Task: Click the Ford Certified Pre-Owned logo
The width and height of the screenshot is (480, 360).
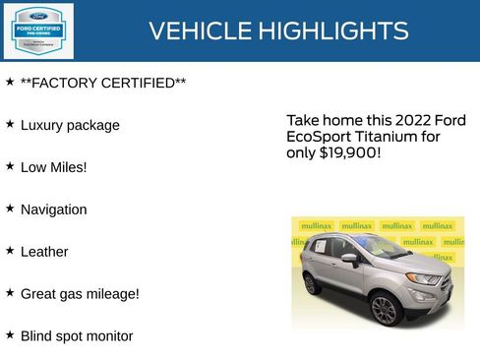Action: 37,30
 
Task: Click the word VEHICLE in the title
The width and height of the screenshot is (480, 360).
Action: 199,31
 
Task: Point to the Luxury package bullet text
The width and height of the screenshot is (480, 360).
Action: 70,125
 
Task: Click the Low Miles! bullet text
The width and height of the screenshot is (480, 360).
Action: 54,167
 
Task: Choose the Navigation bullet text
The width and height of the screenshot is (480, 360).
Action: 54,210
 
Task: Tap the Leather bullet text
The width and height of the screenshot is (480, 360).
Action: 44,252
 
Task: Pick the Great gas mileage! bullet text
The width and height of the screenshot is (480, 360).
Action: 80,293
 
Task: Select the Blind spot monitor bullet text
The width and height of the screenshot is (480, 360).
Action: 77,335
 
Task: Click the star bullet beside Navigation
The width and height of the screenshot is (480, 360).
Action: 10,209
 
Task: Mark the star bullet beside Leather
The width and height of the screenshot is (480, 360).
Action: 10,251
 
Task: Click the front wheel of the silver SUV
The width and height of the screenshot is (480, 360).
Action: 384,310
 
